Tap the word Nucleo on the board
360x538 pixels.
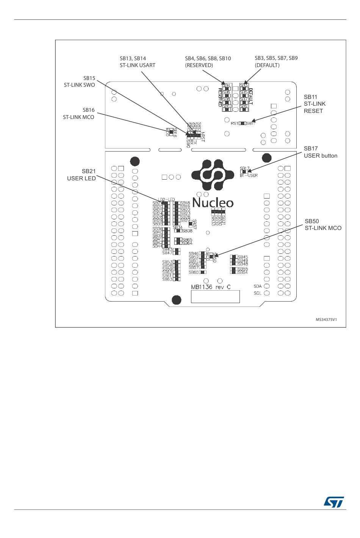[x=213, y=203]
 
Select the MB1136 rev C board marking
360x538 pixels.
[x=211, y=287]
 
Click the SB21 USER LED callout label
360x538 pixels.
[x=81, y=175]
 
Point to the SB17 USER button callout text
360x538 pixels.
[x=320, y=152]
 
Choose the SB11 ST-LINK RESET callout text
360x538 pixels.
[x=314, y=104]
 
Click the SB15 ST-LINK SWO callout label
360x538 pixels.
[x=80, y=81]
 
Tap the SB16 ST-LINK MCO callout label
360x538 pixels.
[x=79, y=114]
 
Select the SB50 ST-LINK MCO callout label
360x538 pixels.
[x=323, y=224]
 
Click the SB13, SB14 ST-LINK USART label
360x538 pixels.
[x=138, y=62]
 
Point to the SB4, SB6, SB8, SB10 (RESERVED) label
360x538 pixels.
[x=208, y=62]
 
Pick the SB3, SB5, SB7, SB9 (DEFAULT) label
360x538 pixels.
[x=276, y=62]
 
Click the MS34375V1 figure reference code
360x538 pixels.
[x=326, y=319]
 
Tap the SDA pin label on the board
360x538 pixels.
[x=258, y=286]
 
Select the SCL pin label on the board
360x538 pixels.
[x=258, y=293]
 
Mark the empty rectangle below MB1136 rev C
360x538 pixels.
[x=215, y=297]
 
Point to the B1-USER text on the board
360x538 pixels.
[x=249, y=175]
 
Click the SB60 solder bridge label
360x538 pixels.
[x=193, y=272]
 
